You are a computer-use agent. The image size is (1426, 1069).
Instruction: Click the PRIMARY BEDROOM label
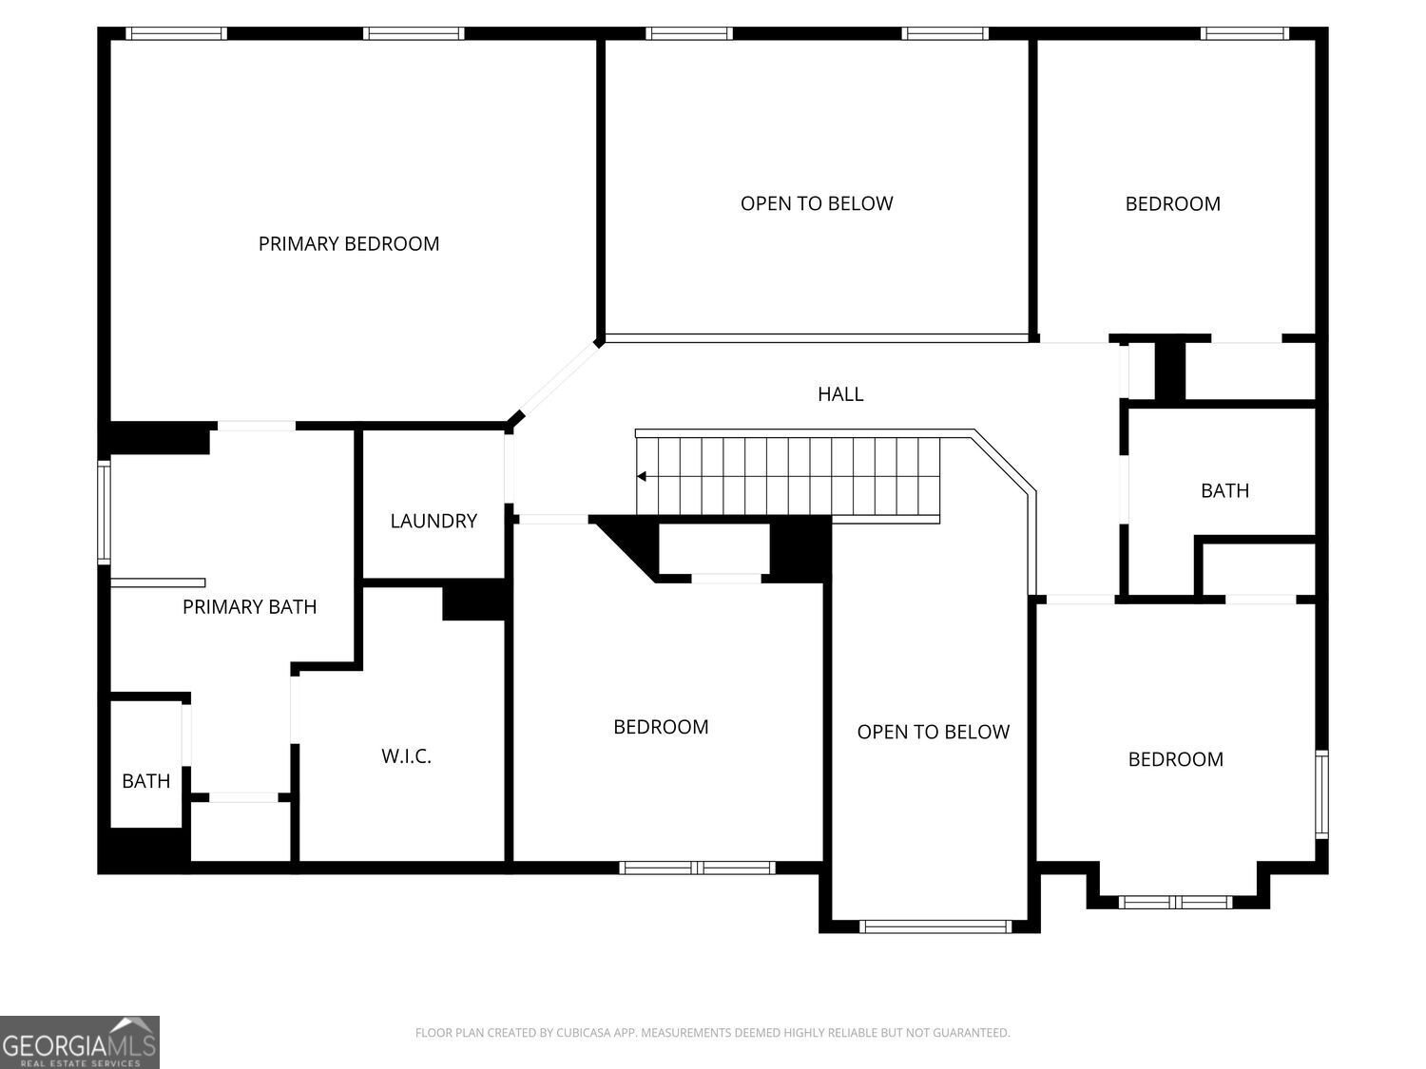(x=349, y=244)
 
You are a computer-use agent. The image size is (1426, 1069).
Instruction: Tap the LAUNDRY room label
(x=434, y=521)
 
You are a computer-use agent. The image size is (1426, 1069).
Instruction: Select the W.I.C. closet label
(x=407, y=756)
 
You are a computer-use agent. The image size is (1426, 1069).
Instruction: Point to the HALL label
(x=840, y=394)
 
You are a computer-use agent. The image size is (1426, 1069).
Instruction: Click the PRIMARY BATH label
(x=249, y=607)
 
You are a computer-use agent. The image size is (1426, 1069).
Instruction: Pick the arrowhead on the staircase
(x=642, y=476)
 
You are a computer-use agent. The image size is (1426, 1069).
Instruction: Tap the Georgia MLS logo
(x=79, y=1042)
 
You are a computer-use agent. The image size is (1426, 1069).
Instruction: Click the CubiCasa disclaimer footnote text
(x=712, y=1033)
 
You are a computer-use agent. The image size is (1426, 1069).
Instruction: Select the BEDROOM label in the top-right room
(x=1172, y=204)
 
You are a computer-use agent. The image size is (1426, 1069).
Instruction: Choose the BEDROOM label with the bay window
(x=1175, y=759)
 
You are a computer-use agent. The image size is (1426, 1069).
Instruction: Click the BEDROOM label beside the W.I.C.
(x=661, y=727)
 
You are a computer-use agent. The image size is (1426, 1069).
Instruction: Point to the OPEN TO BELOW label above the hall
(x=817, y=203)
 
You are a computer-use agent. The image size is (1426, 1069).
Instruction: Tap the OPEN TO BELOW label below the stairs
(x=933, y=732)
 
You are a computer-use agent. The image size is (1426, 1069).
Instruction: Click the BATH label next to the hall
(x=1224, y=491)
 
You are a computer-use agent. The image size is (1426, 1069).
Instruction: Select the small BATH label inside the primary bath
(x=146, y=781)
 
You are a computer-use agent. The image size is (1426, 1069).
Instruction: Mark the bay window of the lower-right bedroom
(x=1175, y=902)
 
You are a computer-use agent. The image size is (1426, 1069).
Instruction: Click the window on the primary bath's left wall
(x=105, y=511)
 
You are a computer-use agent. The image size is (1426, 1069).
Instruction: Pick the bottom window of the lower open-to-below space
(x=935, y=926)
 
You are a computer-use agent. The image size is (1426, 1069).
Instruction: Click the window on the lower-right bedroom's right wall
(x=1321, y=794)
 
